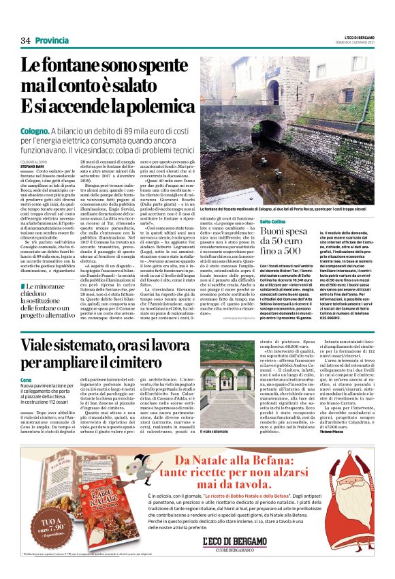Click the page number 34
26,40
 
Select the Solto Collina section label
272,222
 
